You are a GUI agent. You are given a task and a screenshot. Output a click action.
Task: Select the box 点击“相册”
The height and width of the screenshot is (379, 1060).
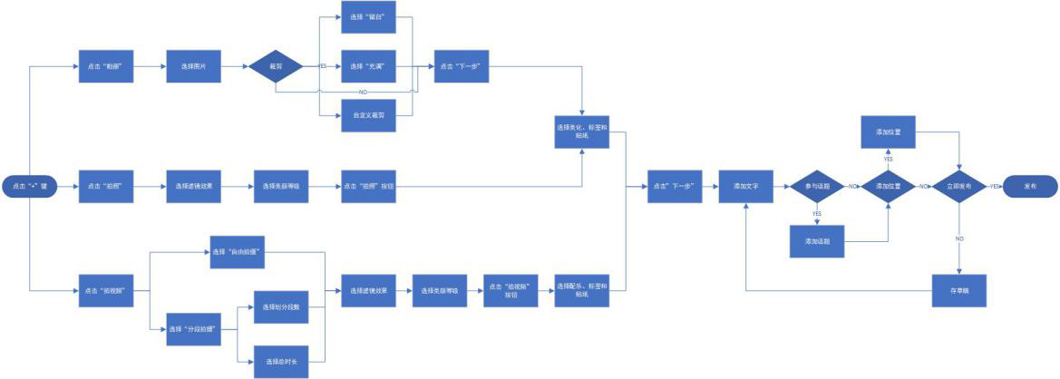coord(105,66)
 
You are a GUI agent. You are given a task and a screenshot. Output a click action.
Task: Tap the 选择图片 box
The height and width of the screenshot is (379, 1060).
coord(193,66)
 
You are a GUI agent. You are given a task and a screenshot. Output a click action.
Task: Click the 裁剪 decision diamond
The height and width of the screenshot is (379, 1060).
coord(275,66)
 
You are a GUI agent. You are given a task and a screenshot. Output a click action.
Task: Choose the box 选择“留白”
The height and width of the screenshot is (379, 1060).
coord(368,18)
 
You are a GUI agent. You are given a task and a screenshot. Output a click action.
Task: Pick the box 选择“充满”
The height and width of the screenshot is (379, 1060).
coord(368,66)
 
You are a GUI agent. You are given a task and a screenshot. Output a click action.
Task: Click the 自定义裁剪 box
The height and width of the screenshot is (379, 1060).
coord(368,115)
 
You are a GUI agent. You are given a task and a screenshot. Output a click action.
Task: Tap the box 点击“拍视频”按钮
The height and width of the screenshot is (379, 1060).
coord(511,291)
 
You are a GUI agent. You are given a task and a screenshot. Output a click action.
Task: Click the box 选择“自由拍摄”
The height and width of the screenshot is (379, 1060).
coord(238,251)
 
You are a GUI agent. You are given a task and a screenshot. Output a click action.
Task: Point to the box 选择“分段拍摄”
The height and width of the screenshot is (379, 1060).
coord(193,329)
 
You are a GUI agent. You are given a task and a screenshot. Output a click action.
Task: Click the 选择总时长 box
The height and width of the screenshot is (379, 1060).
coord(281,361)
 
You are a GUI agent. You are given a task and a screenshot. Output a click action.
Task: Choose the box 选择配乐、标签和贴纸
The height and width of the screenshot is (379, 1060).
coord(581,291)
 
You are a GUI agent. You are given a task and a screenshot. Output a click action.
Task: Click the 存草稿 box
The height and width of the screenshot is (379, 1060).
coord(959,291)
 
